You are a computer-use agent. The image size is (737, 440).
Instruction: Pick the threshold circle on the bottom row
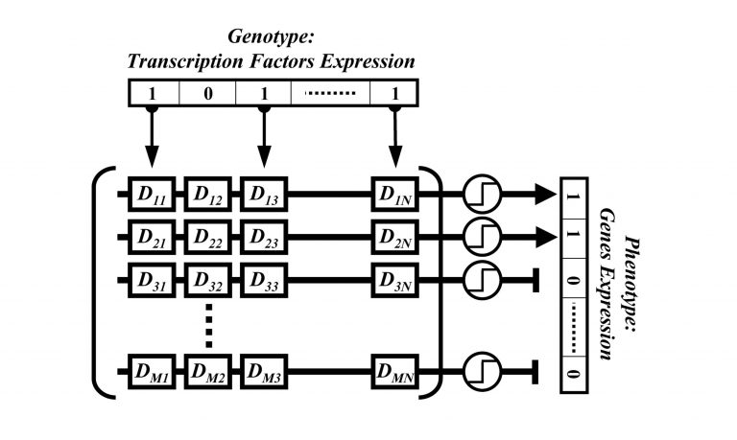(478, 371)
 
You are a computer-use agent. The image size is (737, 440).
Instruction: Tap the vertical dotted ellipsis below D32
(208, 326)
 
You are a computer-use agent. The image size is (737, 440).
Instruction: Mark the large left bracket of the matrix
(106, 283)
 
